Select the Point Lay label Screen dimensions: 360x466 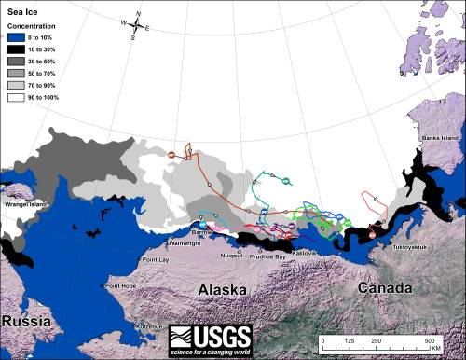pyautogui.click(x=153, y=260)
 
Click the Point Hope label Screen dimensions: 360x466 pyautogui.click(x=122, y=285)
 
